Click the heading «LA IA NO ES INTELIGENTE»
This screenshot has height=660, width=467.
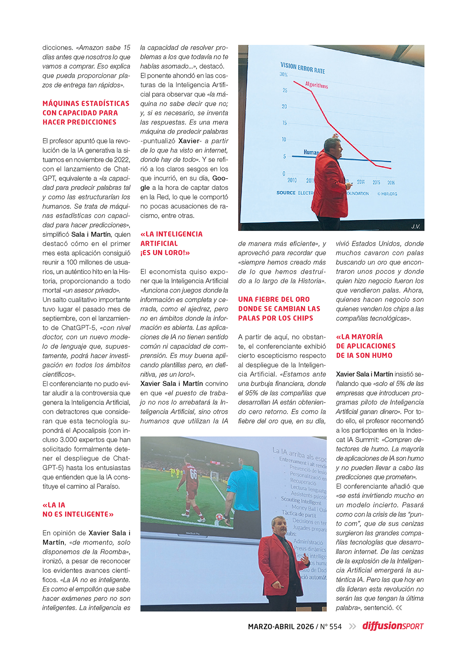[x=78, y=509]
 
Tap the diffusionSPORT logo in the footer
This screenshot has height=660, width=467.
[x=393, y=626]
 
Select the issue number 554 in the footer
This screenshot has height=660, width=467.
[x=335, y=627]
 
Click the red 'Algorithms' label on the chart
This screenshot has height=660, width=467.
[x=316, y=85]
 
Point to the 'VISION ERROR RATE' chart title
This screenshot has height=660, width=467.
[x=302, y=68]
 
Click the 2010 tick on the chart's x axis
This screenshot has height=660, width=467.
[x=292, y=180]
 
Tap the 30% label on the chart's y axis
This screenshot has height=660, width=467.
[x=283, y=74]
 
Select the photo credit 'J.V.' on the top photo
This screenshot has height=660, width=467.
[x=416, y=226]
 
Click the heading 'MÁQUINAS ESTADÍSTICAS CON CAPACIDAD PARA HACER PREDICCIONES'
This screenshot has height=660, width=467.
[x=86, y=113]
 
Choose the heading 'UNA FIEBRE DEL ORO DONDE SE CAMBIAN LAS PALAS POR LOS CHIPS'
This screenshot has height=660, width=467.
[x=279, y=309]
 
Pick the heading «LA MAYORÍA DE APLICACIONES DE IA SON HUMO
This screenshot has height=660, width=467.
[x=365, y=346]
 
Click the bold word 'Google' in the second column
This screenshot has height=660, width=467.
[x=220, y=179]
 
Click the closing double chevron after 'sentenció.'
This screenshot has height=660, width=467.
[x=399, y=608]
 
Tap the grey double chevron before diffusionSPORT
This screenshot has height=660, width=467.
[x=352, y=627]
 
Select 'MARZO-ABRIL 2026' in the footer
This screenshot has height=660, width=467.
[x=281, y=627]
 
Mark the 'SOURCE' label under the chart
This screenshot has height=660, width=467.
[x=286, y=193]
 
